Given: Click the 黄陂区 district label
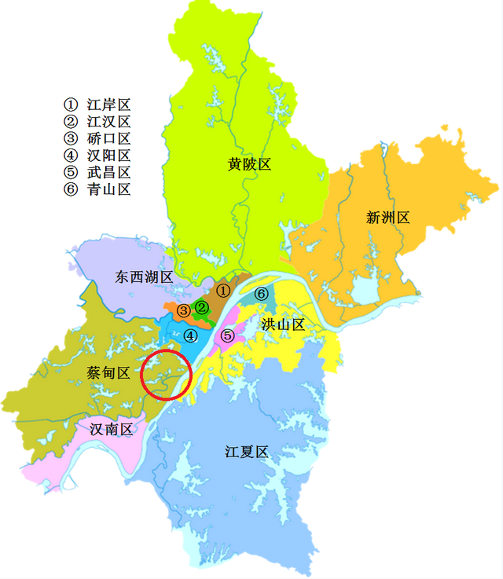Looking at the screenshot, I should pyautogui.click(x=249, y=164).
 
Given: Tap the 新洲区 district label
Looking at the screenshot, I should pyautogui.click(x=387, y=218).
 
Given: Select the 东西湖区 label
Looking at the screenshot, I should pyautogui.click(x=142, y=277).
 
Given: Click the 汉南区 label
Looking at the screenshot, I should pyautogui.click(x=111, y=429).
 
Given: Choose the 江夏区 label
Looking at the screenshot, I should pyautogui.click(x=247, y=452).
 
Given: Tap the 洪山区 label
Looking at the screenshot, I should pyautogui.click(x=282, y=324).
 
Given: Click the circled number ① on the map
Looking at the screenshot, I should pyautogui.click(x=223, y=291).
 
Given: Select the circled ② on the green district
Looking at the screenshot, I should pyautogui.click(x=202, y=306).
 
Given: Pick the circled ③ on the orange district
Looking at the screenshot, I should pyautogui.click(x=182, y=310).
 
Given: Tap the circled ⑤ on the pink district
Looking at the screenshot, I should pyautogui.click(x=227, y=336).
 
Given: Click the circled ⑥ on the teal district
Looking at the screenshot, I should pyautogui.click(x=262, y=294).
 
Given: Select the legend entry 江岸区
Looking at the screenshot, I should pyautogui.click(x=97, y=104).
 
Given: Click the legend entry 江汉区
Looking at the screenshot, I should pyautogui.click(x=97, y=122).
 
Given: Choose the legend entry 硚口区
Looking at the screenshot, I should pyautogui.click(x=97, y=139).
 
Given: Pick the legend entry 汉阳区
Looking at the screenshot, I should pyautogui.click(x=97, y=156).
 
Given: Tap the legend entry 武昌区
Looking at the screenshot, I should pyautogui.click(x=97, y=172).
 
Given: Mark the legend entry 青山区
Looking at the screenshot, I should pyautogui.click(x=97, y=189).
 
